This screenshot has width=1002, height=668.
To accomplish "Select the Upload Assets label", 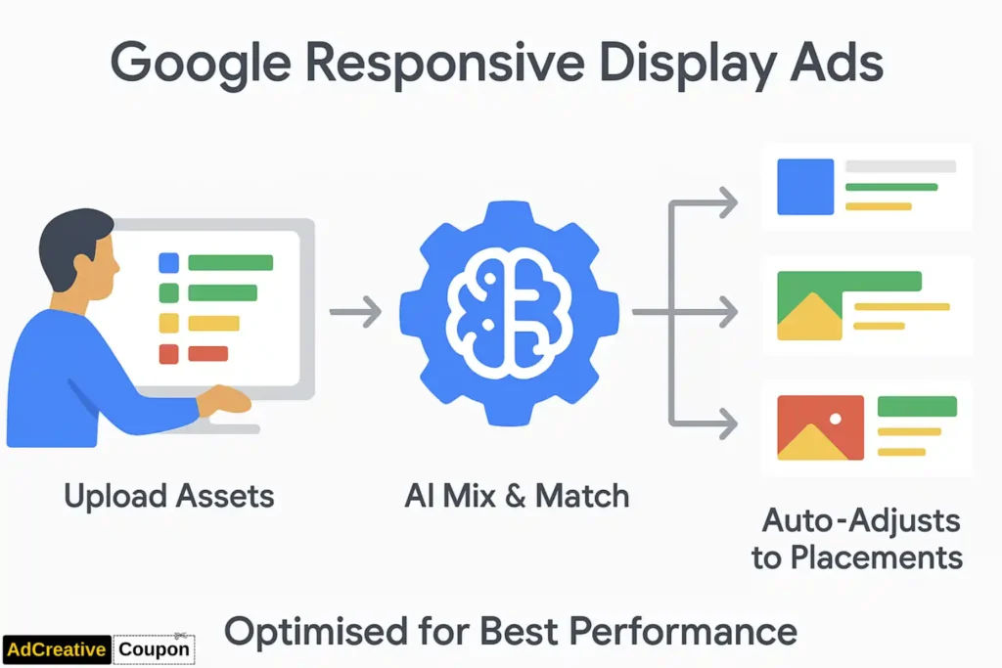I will click(x=169, y=496).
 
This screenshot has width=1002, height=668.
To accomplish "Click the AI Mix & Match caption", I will click(x=517, y=496).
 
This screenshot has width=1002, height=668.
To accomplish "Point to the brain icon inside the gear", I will click(x=509, y=312).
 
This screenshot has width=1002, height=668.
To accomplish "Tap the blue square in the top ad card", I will click(x=804, y=187).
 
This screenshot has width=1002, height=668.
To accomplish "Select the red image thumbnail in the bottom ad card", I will click(x=820, y=426).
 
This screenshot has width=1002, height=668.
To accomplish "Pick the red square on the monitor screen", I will click(x=168, y=354).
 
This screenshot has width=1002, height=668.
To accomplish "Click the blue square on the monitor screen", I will click(x=168, y=262).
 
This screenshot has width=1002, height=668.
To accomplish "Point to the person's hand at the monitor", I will click(x=226, y=398).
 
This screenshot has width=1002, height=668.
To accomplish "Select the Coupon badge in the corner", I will click(x=154, y=648).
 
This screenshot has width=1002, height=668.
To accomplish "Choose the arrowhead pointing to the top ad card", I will click(x=726, y=203).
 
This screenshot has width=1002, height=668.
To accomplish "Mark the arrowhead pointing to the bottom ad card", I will click(x=726, y=424).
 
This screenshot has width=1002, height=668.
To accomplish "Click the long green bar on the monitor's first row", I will click(x=230, y=262).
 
